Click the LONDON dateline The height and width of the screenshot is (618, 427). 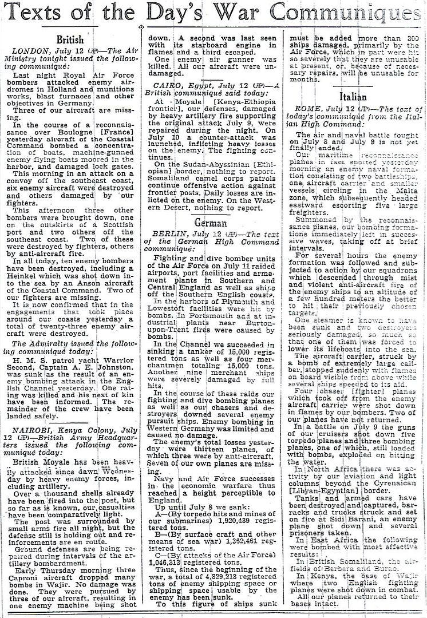pos(36,52)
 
